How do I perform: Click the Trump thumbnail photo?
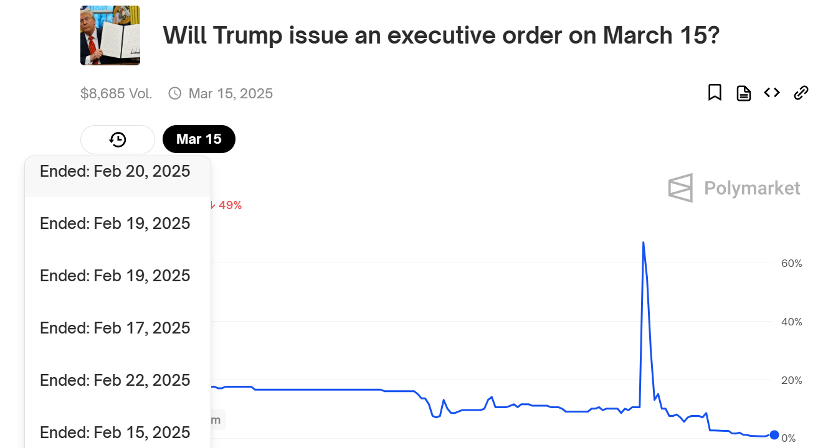110,35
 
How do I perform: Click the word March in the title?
637,35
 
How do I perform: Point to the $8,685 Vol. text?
116,93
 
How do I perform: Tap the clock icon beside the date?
175,93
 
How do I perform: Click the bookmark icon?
715,92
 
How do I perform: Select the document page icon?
743,93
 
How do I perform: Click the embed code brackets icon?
772,93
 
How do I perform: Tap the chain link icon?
801,93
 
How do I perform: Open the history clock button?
118,139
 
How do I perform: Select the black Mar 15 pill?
199,139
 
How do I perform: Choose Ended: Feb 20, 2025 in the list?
115,171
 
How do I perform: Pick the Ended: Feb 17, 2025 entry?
115,328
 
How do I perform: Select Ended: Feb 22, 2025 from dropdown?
115,380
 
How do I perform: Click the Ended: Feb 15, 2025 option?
115,432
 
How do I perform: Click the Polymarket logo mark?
680,188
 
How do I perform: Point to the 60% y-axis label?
791,263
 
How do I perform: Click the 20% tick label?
791,381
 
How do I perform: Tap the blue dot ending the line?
774,435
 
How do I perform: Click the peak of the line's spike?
643,242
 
